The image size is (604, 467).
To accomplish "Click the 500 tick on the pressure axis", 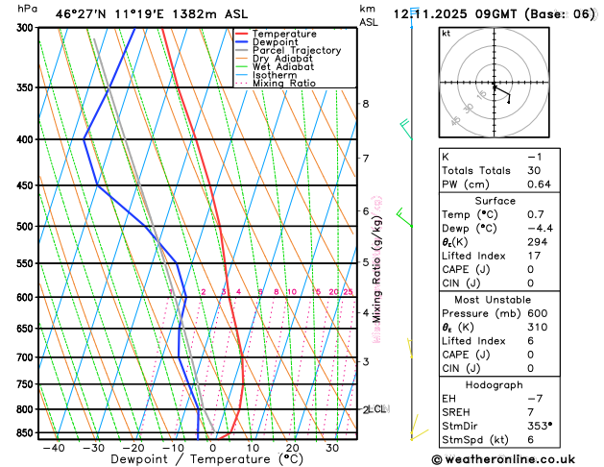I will coord(22,227).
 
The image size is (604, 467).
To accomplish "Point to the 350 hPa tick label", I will coord(22,87).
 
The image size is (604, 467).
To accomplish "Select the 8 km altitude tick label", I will coord(365,104).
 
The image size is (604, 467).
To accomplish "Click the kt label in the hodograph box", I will coord(446,34).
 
